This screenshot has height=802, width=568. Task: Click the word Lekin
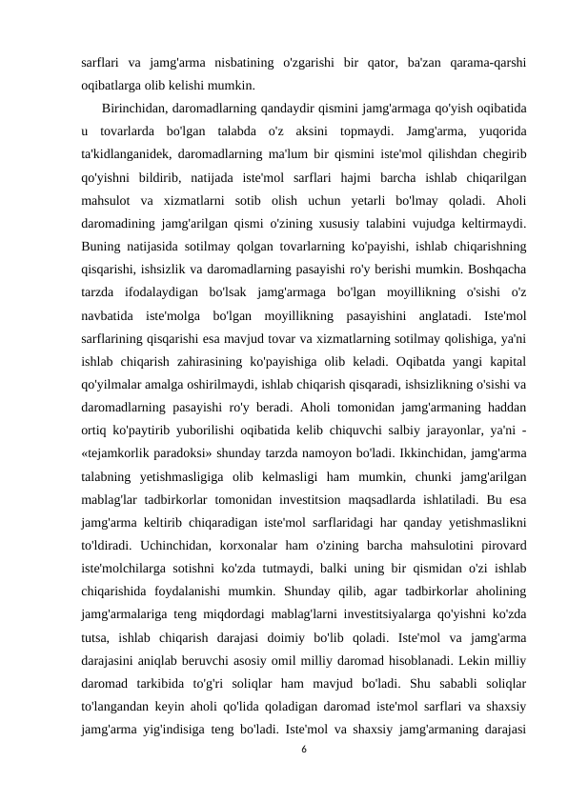click(x=476, y=660)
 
